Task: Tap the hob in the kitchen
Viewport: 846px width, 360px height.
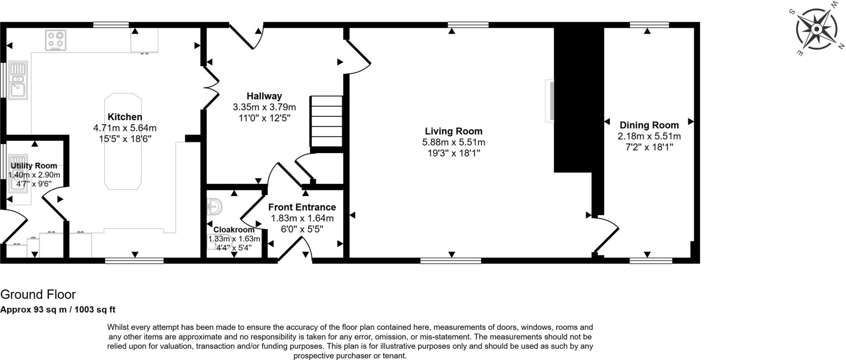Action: pos(55,40)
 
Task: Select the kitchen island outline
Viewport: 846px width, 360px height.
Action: pos(123,141)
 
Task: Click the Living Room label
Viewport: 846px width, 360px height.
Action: pos(454,131)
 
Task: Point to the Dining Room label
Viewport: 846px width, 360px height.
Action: pos(649,125)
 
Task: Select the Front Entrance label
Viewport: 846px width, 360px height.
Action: pos(302,207)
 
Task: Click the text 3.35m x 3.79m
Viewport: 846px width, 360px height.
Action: pos(264,107)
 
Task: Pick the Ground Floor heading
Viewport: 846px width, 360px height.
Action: pos(38,294)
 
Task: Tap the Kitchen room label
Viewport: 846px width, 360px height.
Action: pos(125,117)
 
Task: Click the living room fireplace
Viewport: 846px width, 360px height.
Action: pos(549,101)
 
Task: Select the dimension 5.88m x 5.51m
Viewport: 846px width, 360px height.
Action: pos(454,142)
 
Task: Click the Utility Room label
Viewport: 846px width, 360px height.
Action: pos(34,166)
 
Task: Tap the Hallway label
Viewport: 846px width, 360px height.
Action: pos(264,96)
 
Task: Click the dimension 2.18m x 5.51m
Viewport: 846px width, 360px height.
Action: pos(649,136)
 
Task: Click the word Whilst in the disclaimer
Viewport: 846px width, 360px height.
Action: pos(118,327)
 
